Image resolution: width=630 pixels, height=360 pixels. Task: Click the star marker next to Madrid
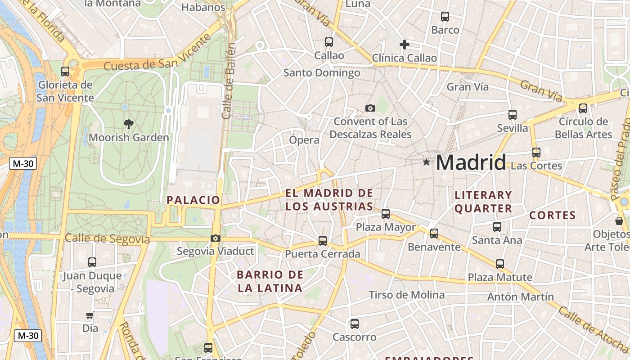tap(426, 162)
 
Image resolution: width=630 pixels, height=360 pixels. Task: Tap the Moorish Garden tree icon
tap(129, 124)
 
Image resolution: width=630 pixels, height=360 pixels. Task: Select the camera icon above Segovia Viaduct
tap(216, 238)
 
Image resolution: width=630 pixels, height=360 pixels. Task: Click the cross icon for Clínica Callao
tap(404, 44)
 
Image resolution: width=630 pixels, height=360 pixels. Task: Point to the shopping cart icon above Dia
tap(90, 315)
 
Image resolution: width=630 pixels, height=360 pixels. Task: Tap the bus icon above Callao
tap(329, 42)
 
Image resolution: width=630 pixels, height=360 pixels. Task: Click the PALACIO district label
tap(193, 200)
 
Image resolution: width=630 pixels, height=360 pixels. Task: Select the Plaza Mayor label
tap(386, 227)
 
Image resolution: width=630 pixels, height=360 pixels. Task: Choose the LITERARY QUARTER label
tap(483, 202)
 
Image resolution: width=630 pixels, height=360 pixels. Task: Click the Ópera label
tap(304, 140)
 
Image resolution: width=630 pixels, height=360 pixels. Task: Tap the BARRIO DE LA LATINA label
tap(270, 281)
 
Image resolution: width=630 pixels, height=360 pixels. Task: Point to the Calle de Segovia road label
tap(107, 239)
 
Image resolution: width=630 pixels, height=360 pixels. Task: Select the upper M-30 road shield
tap(23, 163)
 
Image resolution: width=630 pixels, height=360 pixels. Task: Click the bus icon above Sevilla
tap(512, 115)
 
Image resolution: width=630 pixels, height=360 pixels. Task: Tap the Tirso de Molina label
tap(407, 295)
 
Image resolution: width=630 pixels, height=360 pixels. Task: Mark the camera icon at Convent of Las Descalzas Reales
tap(370, 108)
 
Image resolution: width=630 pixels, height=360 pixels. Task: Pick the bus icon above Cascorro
tap(355, 324)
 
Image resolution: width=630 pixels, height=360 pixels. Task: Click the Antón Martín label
tap(520, 297)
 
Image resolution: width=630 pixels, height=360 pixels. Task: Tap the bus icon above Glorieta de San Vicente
tap(65, 72)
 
